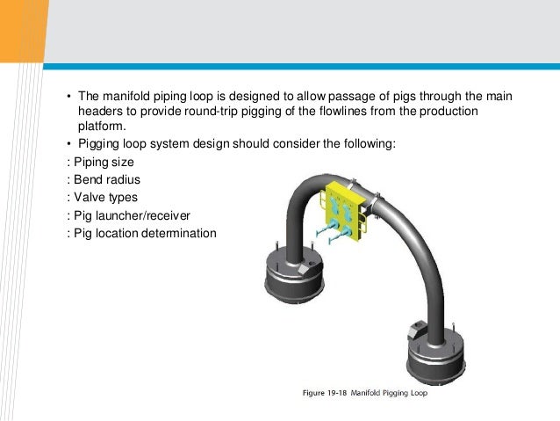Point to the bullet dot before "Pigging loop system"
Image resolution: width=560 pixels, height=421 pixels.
(x=70, y=143)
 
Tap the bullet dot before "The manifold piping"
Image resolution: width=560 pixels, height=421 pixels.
(x=70, y=96)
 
